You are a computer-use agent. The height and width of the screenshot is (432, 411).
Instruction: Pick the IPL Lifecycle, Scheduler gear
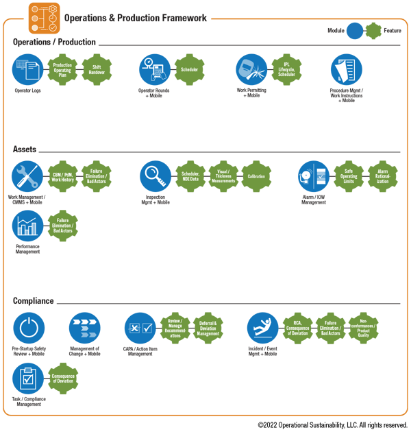tap(286, 69)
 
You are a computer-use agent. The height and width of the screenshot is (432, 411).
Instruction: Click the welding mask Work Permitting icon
tap(251, 69)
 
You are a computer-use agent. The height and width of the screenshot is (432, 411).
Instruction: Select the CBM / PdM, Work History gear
tap(62, 177)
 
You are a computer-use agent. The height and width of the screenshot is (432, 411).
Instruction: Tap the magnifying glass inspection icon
tap(155, 177)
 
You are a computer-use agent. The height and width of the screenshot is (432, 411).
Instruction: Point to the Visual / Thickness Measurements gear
tap(223, 177)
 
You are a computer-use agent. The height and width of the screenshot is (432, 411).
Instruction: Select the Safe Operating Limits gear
tap(349, 177)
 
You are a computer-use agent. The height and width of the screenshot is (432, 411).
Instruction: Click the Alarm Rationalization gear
tap(382, 177)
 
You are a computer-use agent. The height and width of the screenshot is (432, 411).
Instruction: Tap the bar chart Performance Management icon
tap(27, 226)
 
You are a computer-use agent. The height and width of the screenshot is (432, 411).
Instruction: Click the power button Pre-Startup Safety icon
tap(27, 328)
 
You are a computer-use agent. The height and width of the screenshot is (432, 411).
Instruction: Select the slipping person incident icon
tap(262, 328)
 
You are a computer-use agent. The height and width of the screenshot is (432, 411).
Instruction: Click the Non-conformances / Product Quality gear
tap(364, 328)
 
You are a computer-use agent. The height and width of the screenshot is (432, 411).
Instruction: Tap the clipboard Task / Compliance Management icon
tap(27, 378)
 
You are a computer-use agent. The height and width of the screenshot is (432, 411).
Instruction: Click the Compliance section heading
tap(33, 301)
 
